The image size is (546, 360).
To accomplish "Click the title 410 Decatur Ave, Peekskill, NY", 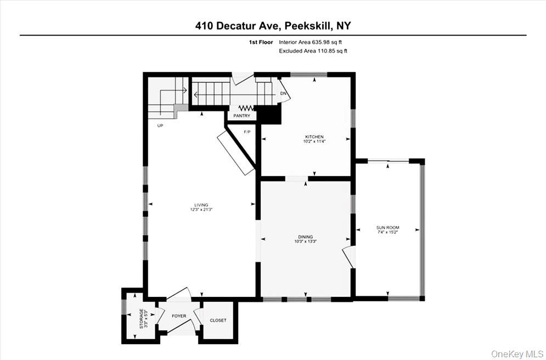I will click(273, 25).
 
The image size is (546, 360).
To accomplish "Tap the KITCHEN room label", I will click(314, 137).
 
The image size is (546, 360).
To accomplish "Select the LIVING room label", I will click(201, 205).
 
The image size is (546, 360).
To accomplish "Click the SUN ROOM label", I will click(387, 227).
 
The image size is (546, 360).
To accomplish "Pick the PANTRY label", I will click(241, 116).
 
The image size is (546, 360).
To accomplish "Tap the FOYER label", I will click(179, 316).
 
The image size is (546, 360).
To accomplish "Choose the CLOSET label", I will click(218, 320).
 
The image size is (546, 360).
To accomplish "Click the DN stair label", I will click(283, 94).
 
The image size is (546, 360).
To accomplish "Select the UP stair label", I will click(160, 126).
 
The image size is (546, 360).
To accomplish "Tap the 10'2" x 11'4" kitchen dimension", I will click(314, 142).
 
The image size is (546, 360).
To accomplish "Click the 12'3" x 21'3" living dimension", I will click(201, 210).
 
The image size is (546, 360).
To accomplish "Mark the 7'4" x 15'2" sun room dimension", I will click(387, 232).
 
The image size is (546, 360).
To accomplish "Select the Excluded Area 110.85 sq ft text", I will click(313, 51).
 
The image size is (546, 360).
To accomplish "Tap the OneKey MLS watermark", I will click(518, 353).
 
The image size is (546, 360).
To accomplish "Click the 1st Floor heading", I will click(261, 42).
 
